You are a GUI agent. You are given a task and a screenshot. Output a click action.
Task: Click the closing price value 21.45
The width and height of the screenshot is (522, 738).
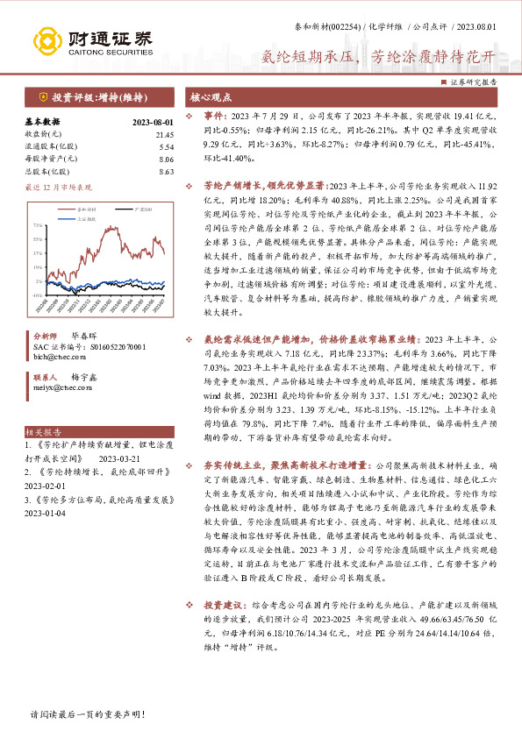(x=165, y=134)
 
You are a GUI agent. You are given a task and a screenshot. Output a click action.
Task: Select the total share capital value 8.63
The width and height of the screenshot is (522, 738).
(x=167, y=172)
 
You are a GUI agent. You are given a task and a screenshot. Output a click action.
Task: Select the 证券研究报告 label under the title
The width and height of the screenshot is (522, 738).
(x=475, y=81)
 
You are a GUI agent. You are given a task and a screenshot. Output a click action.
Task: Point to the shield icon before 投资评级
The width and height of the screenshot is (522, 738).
(x=43, y=96)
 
